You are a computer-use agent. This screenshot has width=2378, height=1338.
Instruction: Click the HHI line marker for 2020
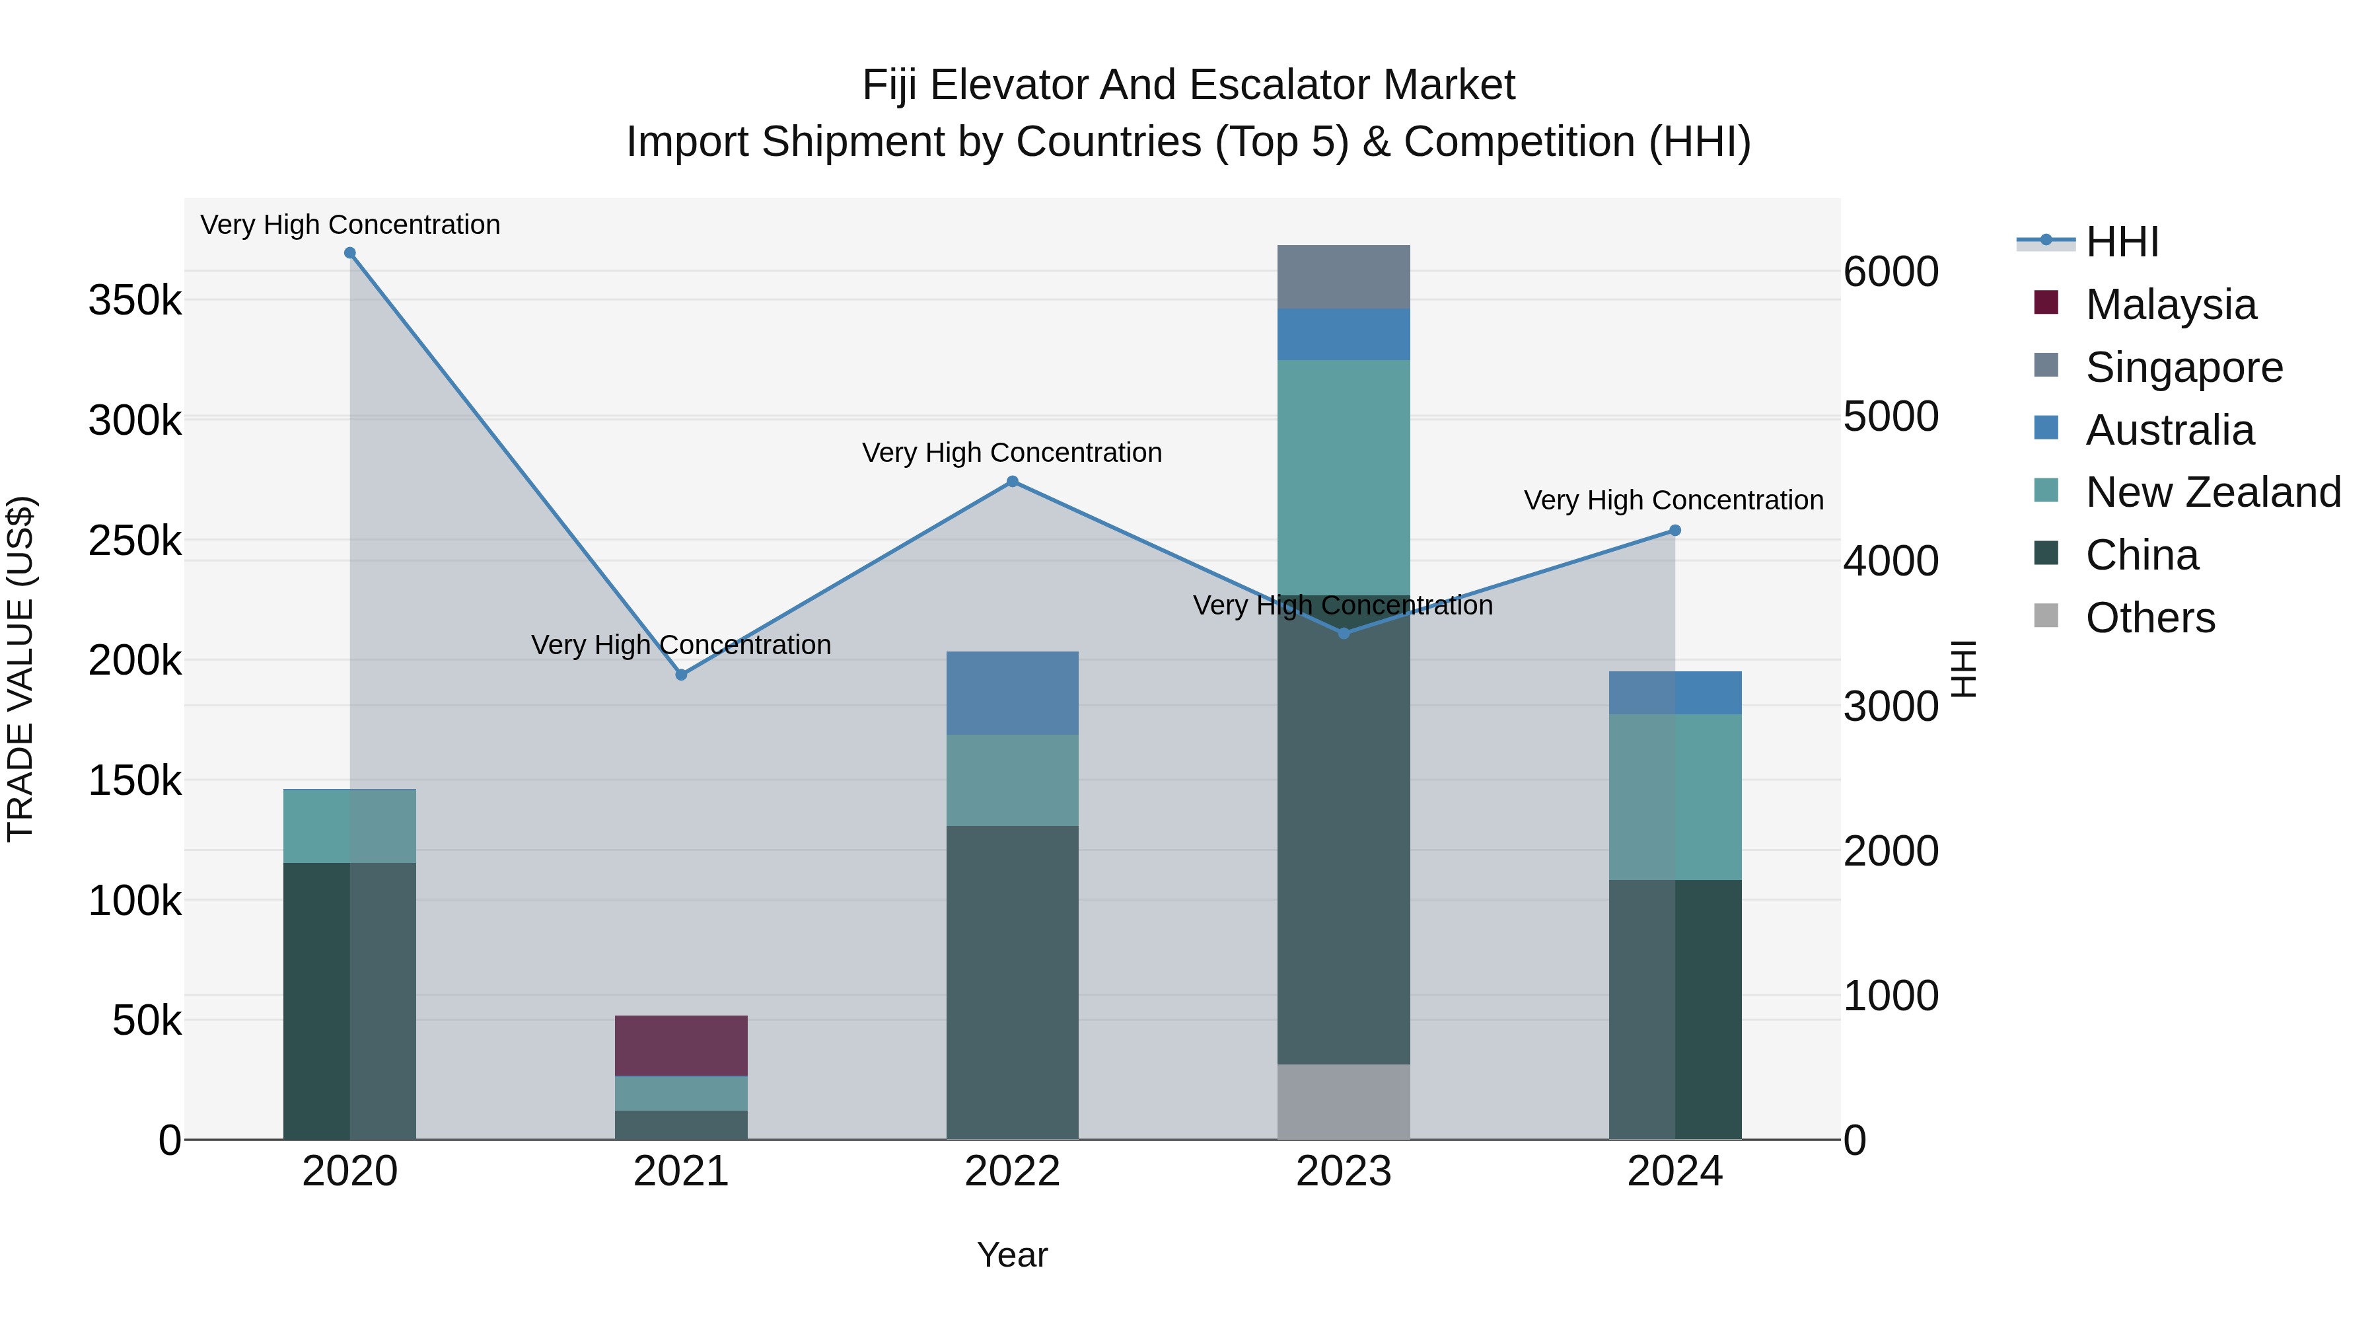tap(350, 253)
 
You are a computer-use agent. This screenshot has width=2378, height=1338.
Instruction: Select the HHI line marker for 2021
tap(681, 675)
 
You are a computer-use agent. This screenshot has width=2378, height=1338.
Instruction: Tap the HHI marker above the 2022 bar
tap(1013, 481)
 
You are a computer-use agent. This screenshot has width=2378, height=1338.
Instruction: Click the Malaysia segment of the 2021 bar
tap(681, 1045)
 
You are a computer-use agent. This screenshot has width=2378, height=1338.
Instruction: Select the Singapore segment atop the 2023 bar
tap(1343, 276)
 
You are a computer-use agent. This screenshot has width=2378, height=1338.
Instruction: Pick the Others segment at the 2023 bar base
tap(1343, 1101)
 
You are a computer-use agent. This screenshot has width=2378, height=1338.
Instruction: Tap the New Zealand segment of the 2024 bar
tap(1675, 797)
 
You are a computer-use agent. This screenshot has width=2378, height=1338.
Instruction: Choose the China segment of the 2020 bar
tap(350, 1001)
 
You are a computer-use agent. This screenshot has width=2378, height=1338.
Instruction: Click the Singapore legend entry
tap(2183, 367)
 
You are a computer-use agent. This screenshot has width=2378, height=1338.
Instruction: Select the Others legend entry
tap(2150, 618)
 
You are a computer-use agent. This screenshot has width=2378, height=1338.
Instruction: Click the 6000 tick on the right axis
tap(1891, 272)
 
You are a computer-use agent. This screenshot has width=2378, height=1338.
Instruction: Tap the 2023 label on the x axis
tap(1343, 1171)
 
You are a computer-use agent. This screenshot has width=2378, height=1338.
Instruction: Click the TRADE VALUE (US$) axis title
tap(20, 669)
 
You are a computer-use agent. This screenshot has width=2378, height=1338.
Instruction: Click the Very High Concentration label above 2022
tap(1012, 453)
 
